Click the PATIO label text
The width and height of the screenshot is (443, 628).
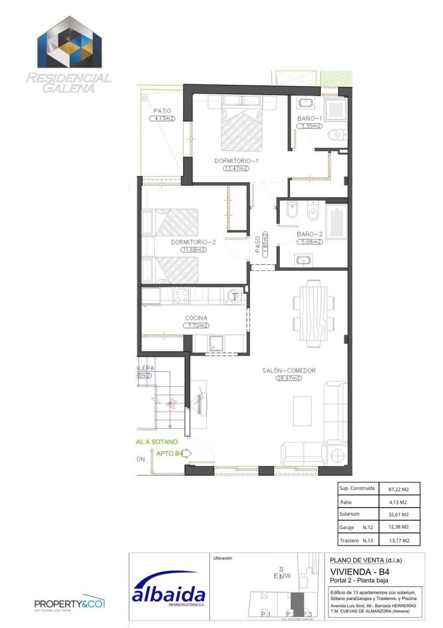pyautogui.click(x=162, y=110)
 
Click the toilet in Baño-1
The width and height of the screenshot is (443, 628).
pyautogui.click(x=336, y=136)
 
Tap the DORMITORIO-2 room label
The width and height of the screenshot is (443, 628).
pyautogui.click(x=194, y=242)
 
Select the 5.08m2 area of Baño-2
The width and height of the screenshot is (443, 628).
pyautogui.click(x=309, y=242)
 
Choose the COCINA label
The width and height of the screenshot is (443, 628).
pyautogui.click(x=196, y=318)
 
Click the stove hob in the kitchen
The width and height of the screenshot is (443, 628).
pyautogui.click(x=181, y=296)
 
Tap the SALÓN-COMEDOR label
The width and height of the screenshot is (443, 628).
pyautogui.click(x=289, y=371)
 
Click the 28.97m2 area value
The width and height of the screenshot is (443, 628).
pyautogui.click(x=289, y=378)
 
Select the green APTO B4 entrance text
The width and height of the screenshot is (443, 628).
pyautogui.click(x=168, y=454)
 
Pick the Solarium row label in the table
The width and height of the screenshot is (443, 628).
pyautogui.click(x=349, y=514)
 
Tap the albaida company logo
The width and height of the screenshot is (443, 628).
pyautogui.click(x=168, y=590)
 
